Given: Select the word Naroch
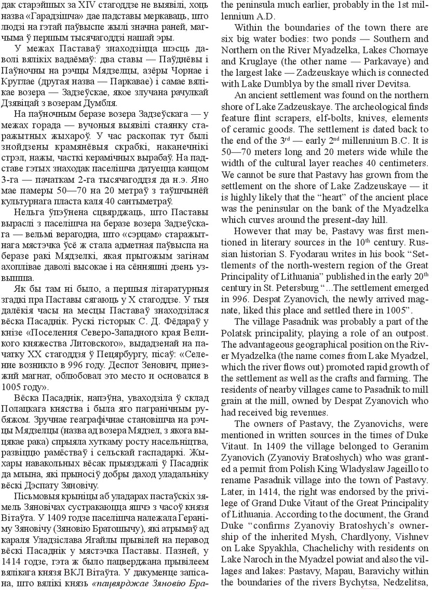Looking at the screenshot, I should coord(256,559).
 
